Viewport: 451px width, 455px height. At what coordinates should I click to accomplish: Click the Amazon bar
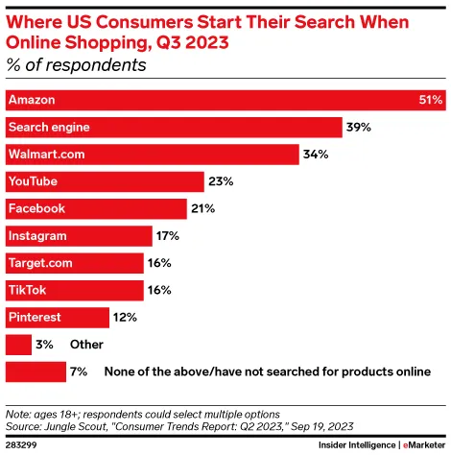(x=225, y=100)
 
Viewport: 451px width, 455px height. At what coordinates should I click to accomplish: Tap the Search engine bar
(x=174, y=127)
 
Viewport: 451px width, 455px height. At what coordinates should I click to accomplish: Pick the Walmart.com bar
(x=152, y=154)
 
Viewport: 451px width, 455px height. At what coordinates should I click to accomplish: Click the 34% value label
(x=317, y=154)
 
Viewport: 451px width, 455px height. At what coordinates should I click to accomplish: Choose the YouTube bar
(x=105, y=181)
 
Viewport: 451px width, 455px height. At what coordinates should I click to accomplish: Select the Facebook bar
(x=96, y=208)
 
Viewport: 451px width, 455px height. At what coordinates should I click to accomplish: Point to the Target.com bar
(x=74, y=262)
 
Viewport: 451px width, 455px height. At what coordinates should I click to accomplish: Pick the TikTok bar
(x=74, y=289)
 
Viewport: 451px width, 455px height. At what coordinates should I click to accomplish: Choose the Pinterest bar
(x=57, y=317)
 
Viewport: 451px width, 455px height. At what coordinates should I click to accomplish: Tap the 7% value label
(x=80, y=371)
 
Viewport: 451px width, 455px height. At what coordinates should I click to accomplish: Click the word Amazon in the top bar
(x=31, y=100)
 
